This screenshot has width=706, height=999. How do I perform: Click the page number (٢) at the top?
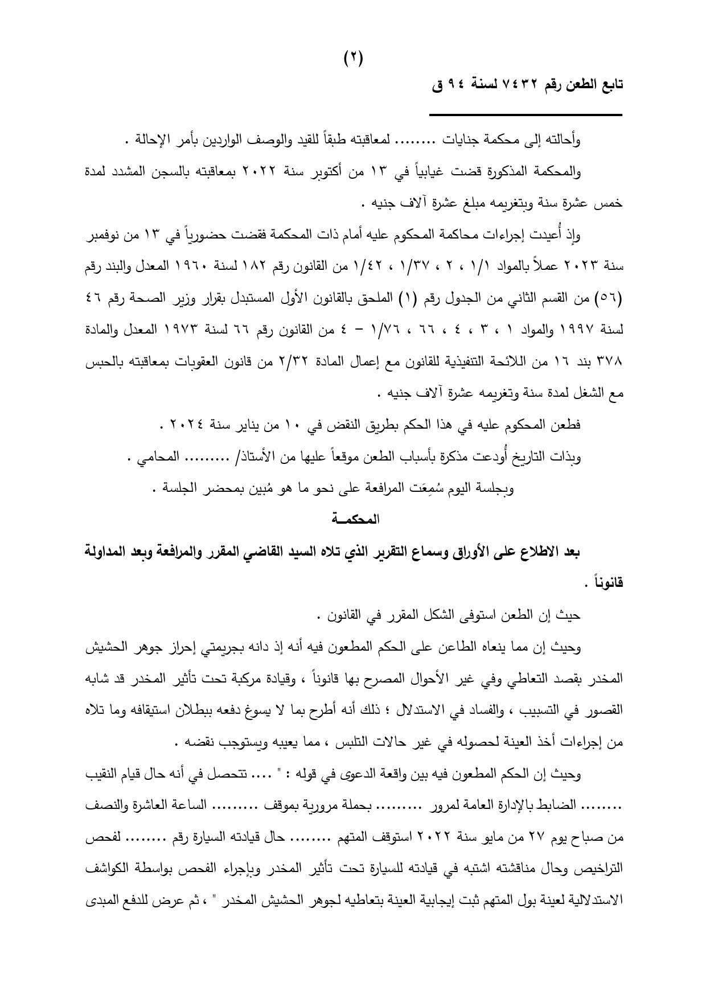pyautogui.click(x=353, y=57)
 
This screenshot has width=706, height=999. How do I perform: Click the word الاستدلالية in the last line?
pyautogui.click(x=596, y=901)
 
